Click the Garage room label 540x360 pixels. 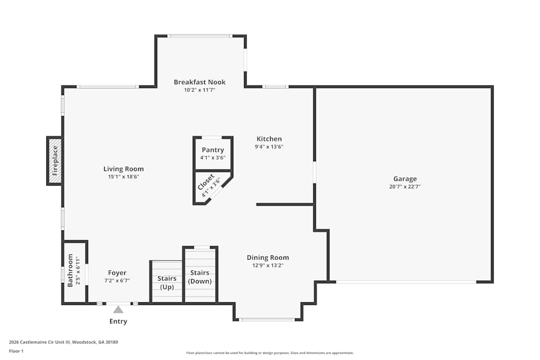404,179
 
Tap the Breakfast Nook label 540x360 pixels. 199,82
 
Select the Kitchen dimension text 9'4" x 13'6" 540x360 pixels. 269,147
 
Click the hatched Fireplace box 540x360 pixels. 55,161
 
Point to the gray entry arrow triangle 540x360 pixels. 118,309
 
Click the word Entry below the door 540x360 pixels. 118,322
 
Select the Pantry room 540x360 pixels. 213,153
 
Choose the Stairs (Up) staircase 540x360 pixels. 167,282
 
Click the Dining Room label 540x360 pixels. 268,257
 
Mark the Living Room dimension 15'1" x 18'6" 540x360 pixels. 124,177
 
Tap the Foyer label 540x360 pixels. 117,273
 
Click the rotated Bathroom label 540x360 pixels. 70,270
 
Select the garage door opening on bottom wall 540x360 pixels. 406,282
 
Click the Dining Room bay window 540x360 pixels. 267,320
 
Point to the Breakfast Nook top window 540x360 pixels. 199,36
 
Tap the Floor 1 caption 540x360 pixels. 16,351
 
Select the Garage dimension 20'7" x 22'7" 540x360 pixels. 404,187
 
